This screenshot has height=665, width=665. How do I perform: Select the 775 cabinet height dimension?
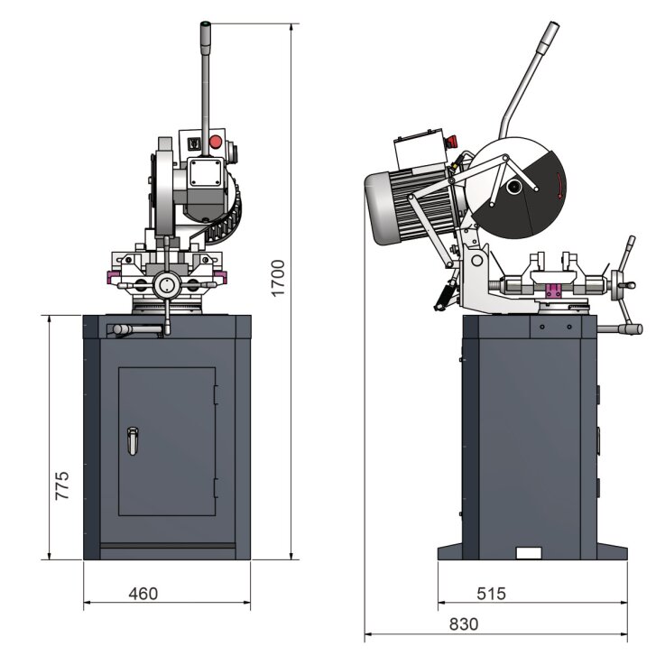point(61,488)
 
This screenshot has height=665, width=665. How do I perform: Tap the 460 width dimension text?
point(143,593)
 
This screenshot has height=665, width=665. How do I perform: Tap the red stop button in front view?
point(215,141)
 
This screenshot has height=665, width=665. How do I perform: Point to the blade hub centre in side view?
point(513,188)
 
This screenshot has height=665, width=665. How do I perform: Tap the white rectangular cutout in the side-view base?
point(528,553)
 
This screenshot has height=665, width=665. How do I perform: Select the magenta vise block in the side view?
point(552,290)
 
